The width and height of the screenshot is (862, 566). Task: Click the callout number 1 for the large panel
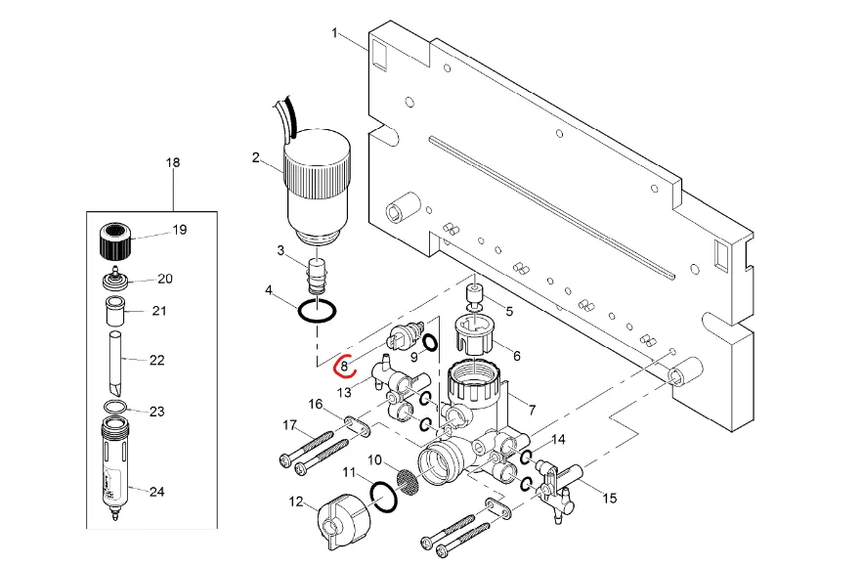(x=334, y=33)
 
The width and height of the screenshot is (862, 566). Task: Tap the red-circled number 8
(x=344, y=365)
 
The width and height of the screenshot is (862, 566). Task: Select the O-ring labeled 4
(x=317, y=311)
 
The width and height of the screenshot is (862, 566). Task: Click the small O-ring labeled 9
(x=430, y=342)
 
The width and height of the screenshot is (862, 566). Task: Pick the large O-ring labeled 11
(x=384, y=497)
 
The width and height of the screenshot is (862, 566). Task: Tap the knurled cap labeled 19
(x=117, y=240)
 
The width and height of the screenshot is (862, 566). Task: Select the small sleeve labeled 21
(x=115, y=311)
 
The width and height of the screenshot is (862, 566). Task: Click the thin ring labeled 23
(x=115, y=407)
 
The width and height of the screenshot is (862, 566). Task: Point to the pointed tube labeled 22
(x=115, y=363)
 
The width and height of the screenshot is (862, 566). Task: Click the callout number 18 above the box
(x=173, y=162)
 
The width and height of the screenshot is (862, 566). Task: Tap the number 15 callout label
(x=609, y=498)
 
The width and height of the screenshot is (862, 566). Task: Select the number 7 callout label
(x=532, y=410)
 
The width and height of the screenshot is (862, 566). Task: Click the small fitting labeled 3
(x=316, y=276)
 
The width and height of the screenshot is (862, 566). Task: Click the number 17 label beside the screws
(x=289, y=425)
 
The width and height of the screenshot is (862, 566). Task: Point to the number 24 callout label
(x=157, y=491)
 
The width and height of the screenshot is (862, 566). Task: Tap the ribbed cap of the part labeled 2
(x=318, y=160)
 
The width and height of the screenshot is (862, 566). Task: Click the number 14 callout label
(x=558, y=439)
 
